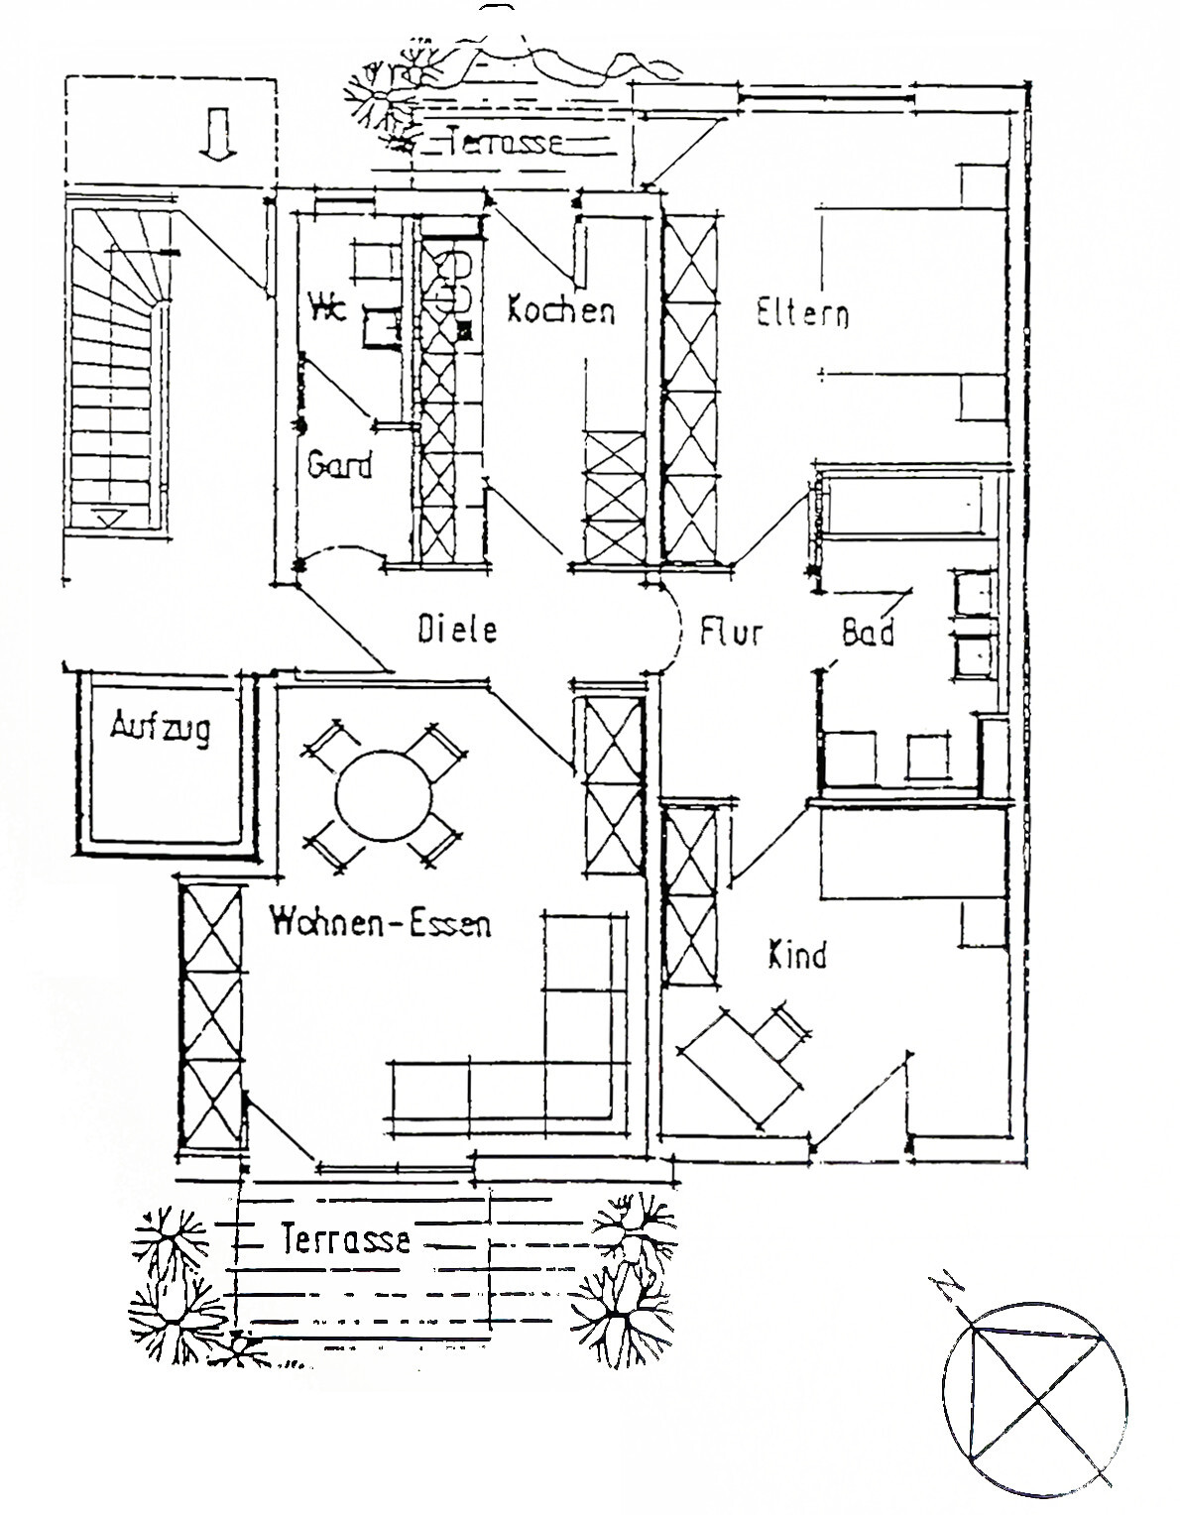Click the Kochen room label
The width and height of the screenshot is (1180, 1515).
[x=561, y=310]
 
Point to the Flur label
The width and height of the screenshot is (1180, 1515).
[x=731, y=631]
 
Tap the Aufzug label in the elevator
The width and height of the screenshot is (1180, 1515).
[x=160, y=729]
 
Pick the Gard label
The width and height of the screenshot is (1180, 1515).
[x=339, y=464]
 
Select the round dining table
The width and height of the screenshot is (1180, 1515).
[x=384, y=796]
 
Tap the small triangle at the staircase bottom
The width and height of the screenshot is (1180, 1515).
[x=109, y=518]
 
